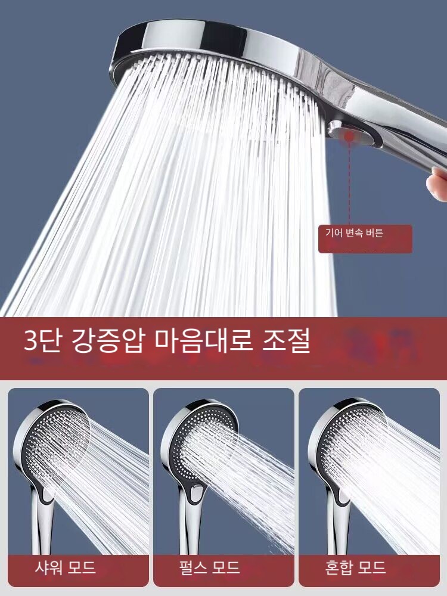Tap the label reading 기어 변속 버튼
[x=354, y=232]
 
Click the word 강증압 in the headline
[x=107, y=340]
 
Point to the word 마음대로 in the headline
[x=204, y=340]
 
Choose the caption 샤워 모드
[x=65, y=567]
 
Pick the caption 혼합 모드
[x=355, y=567]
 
